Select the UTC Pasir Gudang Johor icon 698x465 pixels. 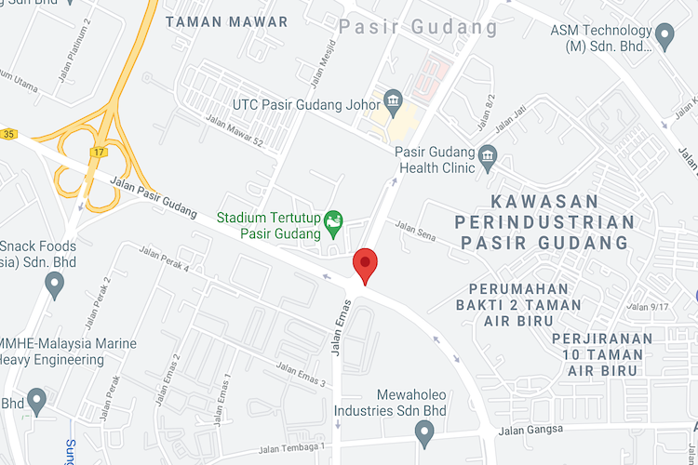coord(393,100)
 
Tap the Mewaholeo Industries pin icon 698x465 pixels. coord(424,432)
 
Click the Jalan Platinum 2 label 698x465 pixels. coord(74,46)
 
